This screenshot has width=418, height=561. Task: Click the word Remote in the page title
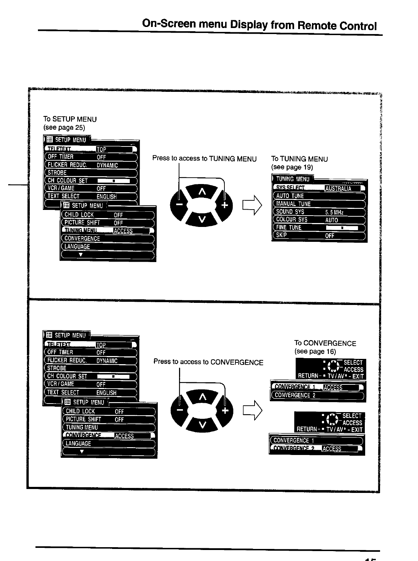317,26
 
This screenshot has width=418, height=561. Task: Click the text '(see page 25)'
64,128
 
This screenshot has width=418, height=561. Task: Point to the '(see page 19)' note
292,167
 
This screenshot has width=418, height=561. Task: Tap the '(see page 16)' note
315,351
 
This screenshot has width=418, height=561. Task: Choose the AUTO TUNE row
290,196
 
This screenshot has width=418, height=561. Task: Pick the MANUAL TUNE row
293,204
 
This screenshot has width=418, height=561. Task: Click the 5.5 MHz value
334,212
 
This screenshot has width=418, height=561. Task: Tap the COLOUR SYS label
291,220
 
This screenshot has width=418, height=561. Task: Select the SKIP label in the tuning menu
282,235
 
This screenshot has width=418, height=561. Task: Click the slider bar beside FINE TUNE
341,228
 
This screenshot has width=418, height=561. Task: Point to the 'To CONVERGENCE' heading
325,343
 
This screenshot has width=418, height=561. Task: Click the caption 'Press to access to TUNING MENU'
204,159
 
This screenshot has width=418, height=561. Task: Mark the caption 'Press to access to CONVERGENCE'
208,362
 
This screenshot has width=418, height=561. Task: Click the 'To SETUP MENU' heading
70,119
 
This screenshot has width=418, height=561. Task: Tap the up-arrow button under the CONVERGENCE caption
202,398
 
